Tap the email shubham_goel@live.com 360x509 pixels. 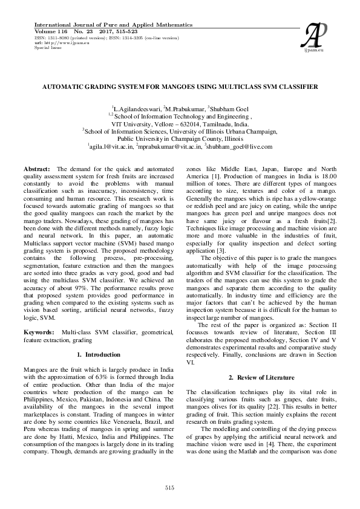[x=240, y=146]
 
